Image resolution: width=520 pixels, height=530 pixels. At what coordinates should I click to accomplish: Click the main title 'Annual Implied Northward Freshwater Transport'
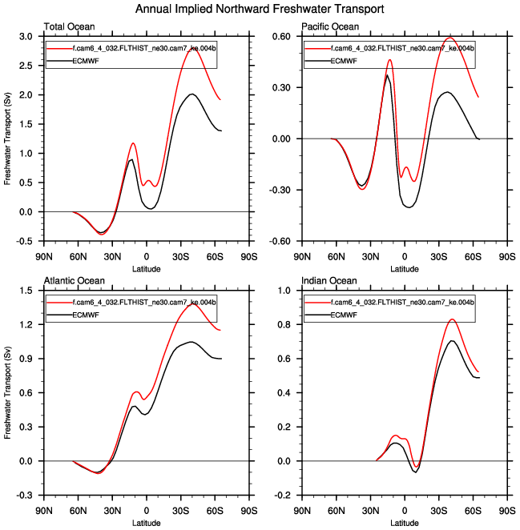click(x=260, y=10)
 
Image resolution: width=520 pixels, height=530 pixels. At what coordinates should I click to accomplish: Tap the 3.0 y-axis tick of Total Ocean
click(x=26, y=37)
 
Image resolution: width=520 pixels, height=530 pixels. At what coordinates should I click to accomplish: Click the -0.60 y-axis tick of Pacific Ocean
click(x=280, y=241)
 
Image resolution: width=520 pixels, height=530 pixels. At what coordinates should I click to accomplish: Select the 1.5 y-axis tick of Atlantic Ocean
click(x=26, y=291)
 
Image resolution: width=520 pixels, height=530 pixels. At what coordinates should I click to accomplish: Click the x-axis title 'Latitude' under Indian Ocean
click(x=404, y=522)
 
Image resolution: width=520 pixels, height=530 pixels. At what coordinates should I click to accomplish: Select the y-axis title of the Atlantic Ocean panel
click(x=8, y=392)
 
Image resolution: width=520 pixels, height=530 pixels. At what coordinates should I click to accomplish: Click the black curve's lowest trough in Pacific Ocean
click(x=409, y=207)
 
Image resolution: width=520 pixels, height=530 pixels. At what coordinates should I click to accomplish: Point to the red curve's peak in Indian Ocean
click(x=452, y=319)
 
